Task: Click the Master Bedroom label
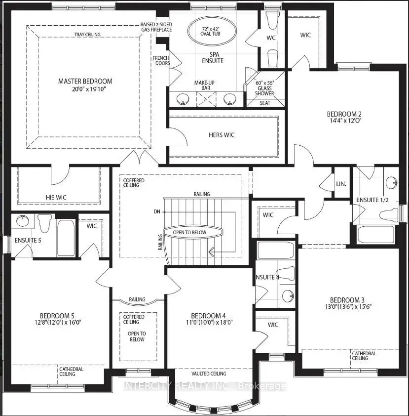pyautogui.click(x=85, y=81)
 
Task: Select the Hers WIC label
pyautogui.click(x=222, y=135)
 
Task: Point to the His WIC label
pyautogui.click(x=56, y=198)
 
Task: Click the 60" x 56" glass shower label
pyautogui.click(x=264, y=88)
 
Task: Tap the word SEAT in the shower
pyautogui.click(x=265, y=103)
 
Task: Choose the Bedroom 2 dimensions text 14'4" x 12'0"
pyautogui.click(x=344, y=121)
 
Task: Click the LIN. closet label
pyautogui.click(x=341, y=184)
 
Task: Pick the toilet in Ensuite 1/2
pyautogui.click(x=389, y=214)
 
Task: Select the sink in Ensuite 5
pyautogui.click(x=22, y=220)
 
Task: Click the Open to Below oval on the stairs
pyautogui.click(x=193, y=232)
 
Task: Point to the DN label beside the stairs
pyautogui.click(x=157, y=212)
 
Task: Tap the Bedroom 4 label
pyautogui.click(x=208, y=316)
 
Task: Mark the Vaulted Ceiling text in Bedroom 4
pyautogui.click(x=209, y=374)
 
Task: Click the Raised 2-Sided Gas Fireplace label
pyautogui.click(x=156, y=27)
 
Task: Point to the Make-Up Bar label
pyautogui.click(x=204, y=85)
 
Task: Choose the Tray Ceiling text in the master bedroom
pyautogui.click(x=87, y=35)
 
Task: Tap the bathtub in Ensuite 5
pyautogui.click(x=67, y=238)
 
